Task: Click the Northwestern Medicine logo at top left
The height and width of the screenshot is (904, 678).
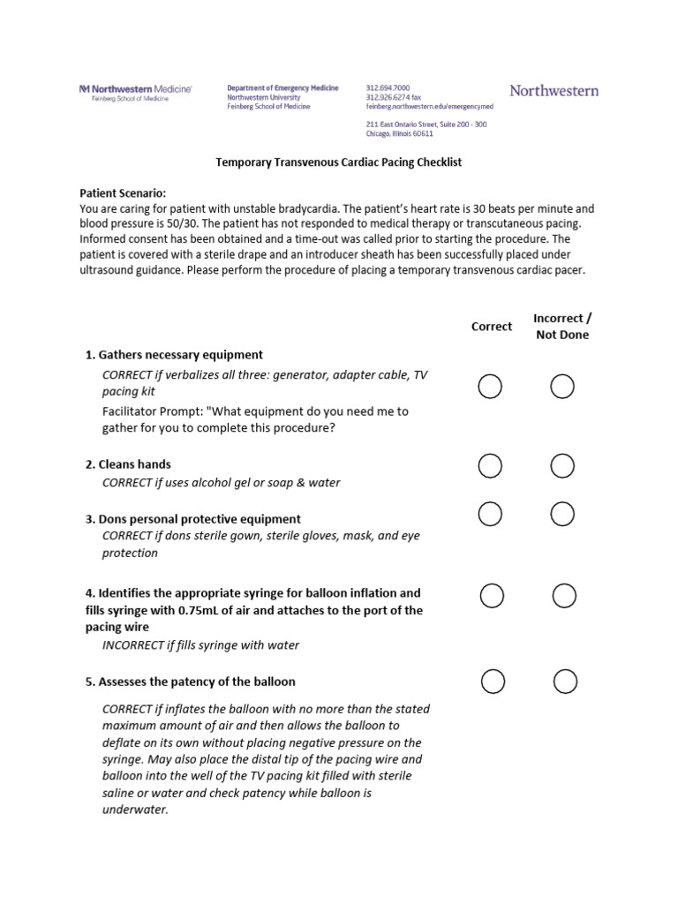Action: tap(135, 93)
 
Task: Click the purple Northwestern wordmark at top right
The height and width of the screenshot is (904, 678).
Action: tap(554, 91)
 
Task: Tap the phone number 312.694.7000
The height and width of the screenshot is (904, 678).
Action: tap(388, 88)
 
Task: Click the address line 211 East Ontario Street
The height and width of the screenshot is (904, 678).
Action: tap(426, 124)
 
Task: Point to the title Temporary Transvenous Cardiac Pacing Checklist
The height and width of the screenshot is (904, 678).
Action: tap(339, 162)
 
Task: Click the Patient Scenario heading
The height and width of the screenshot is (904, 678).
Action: tap(123, 192)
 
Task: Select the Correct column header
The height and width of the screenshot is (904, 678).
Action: tap(492, 326)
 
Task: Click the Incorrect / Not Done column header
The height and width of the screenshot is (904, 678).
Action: tap(562, 326)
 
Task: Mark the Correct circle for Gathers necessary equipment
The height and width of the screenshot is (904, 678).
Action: tap(490, 386)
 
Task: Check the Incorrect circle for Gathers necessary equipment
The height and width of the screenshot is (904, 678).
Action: tap(562, 386)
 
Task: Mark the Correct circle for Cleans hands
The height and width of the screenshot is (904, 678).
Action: tap(490, 465)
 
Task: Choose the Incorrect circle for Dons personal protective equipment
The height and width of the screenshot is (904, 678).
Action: tap(562, 513)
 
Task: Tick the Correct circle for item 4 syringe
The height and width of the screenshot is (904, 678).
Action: tap(492, 596)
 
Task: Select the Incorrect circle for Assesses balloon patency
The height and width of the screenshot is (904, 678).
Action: tap(566, 681)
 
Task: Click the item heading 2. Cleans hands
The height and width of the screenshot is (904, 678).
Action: tap(128, 464)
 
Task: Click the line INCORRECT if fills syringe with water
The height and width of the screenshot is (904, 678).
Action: tap(200, 645)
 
